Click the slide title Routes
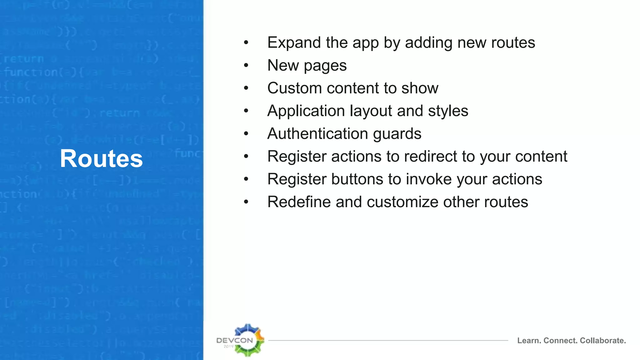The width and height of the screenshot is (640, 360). [x=101, y=158]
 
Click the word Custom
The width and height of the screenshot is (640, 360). [x=295, y=88]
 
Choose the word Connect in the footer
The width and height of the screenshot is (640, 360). [x=561, y=341]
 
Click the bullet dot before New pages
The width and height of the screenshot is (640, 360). [x=246, y=65]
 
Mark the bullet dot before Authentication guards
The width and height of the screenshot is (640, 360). [x=246, y=134]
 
